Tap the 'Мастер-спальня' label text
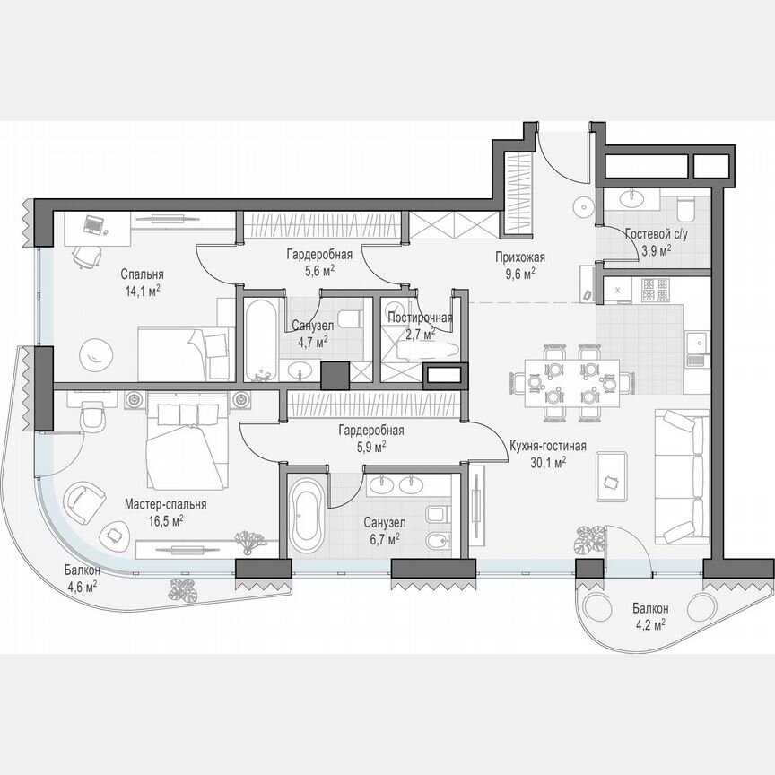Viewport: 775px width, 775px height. (166, 504)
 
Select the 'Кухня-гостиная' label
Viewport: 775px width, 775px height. (547, 446)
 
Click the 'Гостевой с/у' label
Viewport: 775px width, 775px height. (656, 235)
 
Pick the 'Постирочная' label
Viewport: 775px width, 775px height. (420, 318)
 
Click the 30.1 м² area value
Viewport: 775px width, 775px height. (547, 463)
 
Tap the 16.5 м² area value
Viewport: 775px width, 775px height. (166, 520)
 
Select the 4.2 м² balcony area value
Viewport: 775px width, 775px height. (646, 625)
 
